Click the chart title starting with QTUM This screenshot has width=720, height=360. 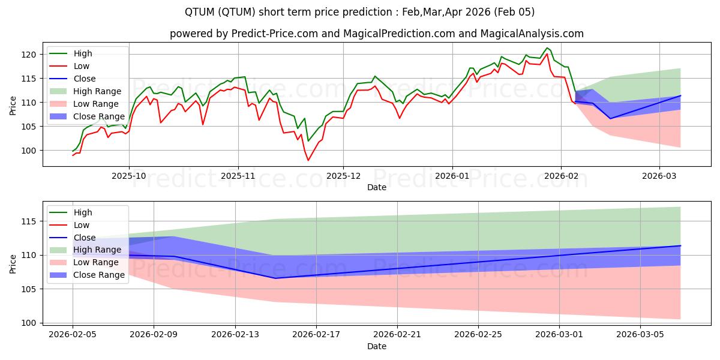click(x=360, y=12)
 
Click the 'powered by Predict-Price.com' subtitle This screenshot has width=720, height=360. click(x=360, y=34)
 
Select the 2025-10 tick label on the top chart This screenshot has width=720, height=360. click(x=129, y=176)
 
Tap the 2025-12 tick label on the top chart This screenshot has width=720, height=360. click(x=343, y=176)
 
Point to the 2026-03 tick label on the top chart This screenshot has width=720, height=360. click(x=659, y=176)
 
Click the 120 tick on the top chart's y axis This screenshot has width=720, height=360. click(x=31, y=55)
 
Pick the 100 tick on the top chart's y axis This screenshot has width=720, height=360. click(x=31, y=151)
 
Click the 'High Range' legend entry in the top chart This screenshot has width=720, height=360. click(x=97, y=91)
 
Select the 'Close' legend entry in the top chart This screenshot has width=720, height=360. click(x=85, y=79)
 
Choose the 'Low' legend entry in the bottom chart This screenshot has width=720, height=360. click(x=82, y=225)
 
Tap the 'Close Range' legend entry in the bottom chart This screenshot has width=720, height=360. click(x=99, y=275)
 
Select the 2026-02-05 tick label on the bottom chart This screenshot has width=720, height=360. click(x=73, y=334)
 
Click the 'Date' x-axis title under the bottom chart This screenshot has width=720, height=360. click(x=376, y=346)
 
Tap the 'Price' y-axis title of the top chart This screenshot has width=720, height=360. click(x=13, y=106)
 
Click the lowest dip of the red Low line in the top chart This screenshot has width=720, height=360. click(x=308, y=160)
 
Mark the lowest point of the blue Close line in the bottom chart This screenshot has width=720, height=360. click(x=275, y=278)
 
